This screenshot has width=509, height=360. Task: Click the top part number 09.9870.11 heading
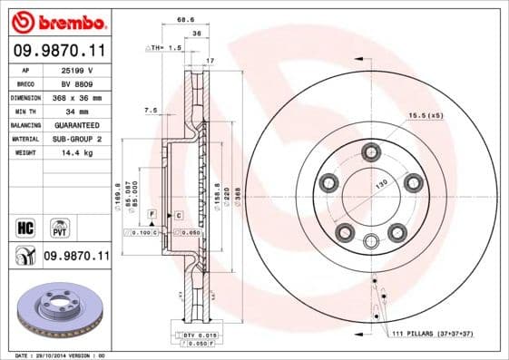click(57, 53)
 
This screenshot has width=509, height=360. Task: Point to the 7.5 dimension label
click(151, 112)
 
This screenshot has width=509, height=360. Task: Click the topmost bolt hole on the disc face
click(369, 151)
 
